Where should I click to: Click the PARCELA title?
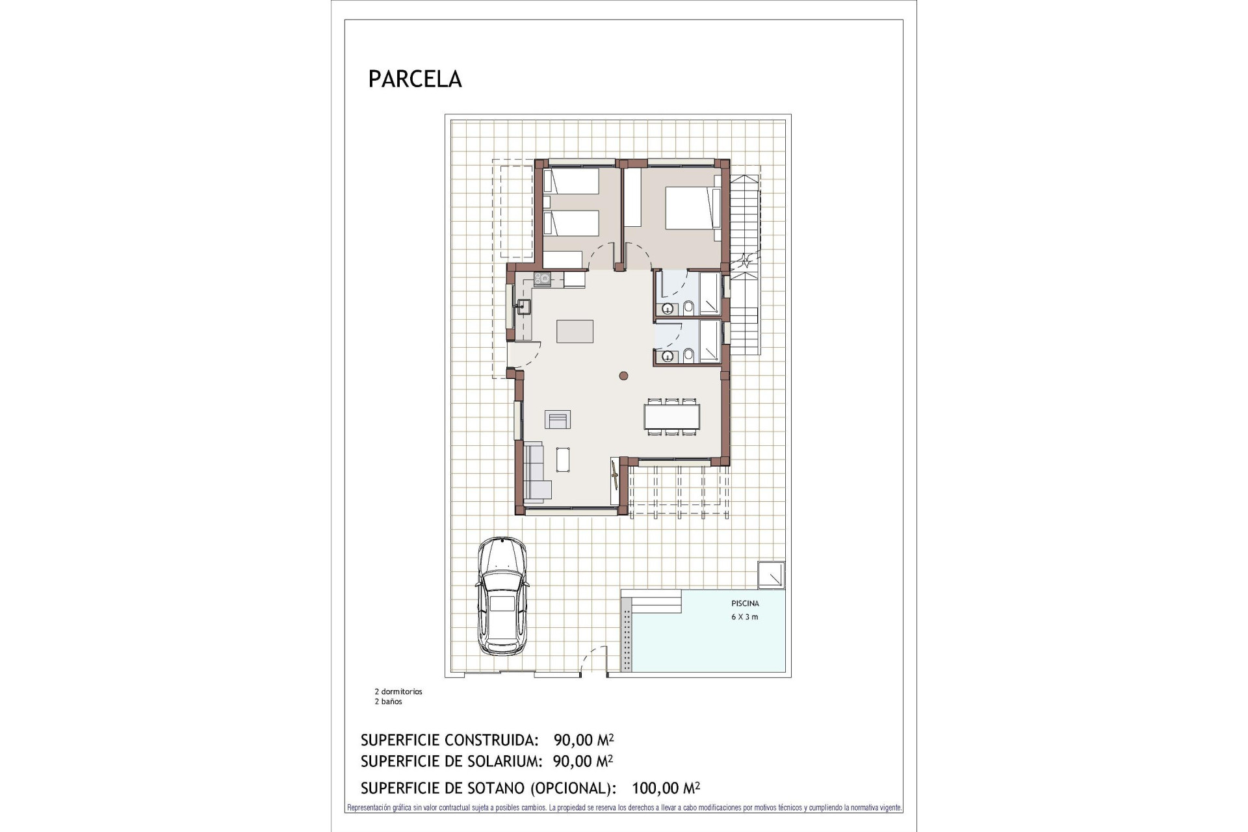415,79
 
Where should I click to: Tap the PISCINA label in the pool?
745,604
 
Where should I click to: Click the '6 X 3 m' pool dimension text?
745,617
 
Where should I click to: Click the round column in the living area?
623,375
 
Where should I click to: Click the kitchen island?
575,331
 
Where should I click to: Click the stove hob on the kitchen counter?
542,279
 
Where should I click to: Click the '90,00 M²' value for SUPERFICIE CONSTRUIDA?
584,740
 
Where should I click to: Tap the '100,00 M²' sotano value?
666,788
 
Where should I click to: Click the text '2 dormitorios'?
398,692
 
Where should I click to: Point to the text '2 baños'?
388,702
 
